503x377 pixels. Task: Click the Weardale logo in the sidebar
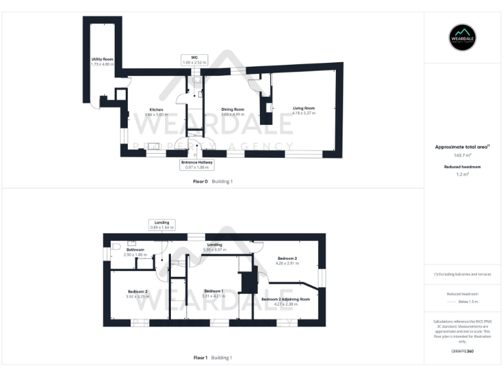click(x=463, y=38)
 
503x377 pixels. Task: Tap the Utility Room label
click(x=102, y=62)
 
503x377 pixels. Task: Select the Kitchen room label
click(x=156, y=112)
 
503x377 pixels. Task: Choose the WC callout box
click(x=195, y=60)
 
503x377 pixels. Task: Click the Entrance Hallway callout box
click(x=197, y=164)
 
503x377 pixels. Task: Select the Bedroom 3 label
click(x=138, y=293)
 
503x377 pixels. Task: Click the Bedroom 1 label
click(x=214, y=293)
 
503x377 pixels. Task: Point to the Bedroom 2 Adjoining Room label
click(x=285, y=302)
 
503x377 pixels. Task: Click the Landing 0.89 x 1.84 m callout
click(x=162, y=225)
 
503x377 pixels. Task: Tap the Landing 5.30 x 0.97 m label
click(x=214, y=247)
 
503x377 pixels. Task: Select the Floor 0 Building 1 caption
click(x=213, y=181)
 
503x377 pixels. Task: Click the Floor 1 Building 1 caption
click(x=213, y=358)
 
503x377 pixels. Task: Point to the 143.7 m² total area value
click(x=462, y=155)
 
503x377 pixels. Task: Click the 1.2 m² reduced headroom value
click(x=462, y=175)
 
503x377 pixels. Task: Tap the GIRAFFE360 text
click(x=462, y=352)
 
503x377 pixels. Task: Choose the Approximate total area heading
click(x=462, y=147)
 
